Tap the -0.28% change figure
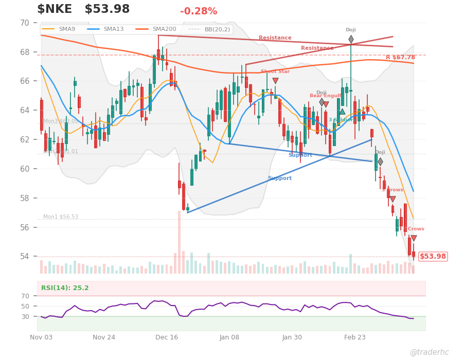[x=199, y=11]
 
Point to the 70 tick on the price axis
[x=25, y=23]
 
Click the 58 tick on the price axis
[x=25, y=198]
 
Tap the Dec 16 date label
[x=167, y=337]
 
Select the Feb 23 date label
[x=355, y=337]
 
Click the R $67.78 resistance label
[x=400, y=58]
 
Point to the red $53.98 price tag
[x=433, y=256]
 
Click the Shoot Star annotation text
[x=275, y=72]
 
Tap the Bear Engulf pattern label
[x=325, y=96]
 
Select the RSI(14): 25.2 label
[x=65, y=288]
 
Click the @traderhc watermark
[x=429, y=352]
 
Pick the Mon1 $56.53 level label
[x=61, y=217]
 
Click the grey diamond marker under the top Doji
[x=351, y=39]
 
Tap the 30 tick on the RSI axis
[x=26, y=316]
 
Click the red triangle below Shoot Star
[x=275, y=81]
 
